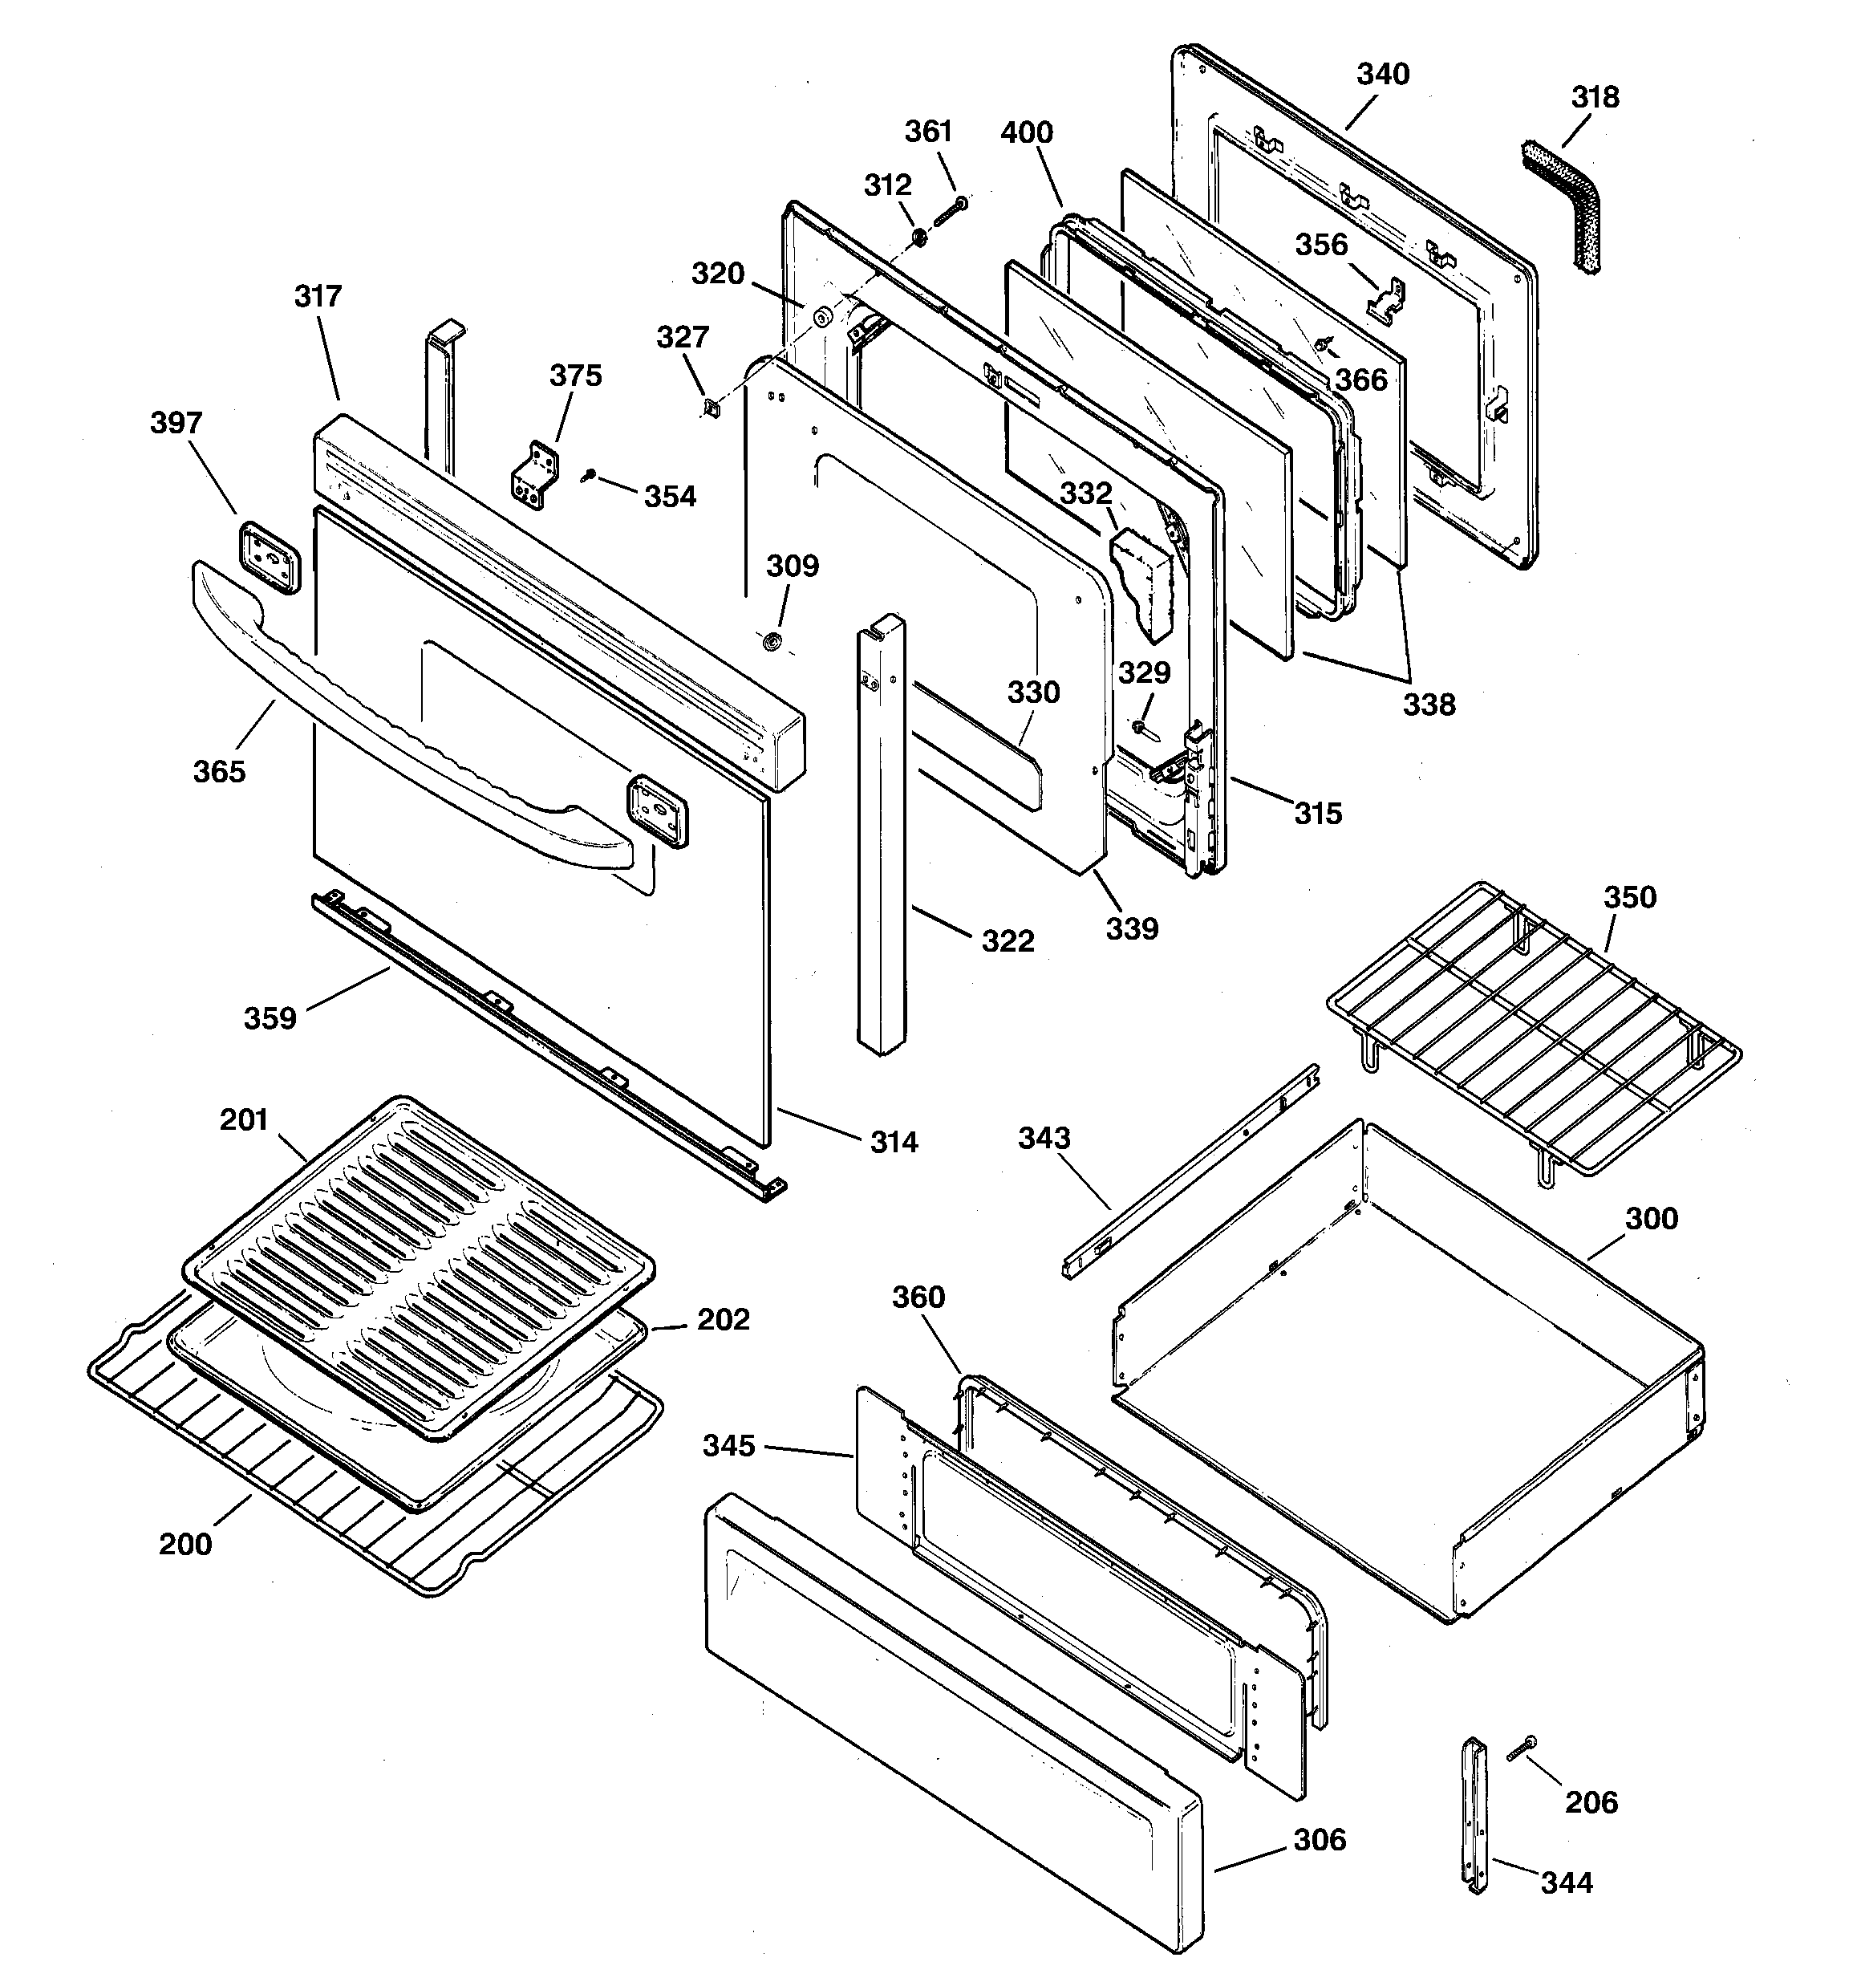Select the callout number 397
click(x=176, y=423)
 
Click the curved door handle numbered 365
click(x=399, y=745)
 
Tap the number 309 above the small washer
click(x=793, y=566)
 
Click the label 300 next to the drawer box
click(x=1650, y=1219)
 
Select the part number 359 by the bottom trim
click(x=270, y=1018)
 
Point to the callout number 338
click(x=1429, y=705)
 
